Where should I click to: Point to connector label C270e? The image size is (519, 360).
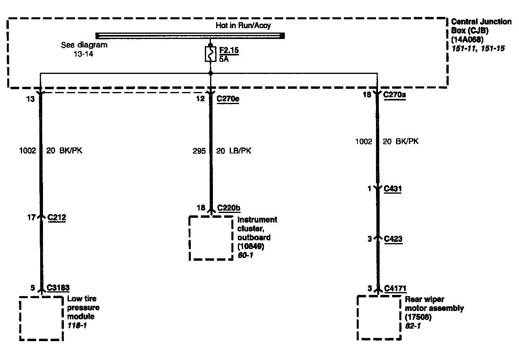(x=228, y=98)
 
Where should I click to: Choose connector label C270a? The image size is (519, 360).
(x=394, y=95)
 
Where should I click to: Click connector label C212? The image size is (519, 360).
(x=57, y=217)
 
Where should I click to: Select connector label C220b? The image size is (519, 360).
(x=229, y=208)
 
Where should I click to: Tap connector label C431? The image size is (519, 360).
(x=393, y=188)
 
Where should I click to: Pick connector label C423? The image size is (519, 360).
(x=393, y=239)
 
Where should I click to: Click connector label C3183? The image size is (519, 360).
(x=58, y=288)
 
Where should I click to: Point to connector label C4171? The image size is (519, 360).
(x=395, y=288)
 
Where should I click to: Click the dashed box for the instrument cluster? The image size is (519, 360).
(x=211, y=238)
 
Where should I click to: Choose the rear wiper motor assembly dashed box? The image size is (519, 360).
(x=378, y=318)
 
